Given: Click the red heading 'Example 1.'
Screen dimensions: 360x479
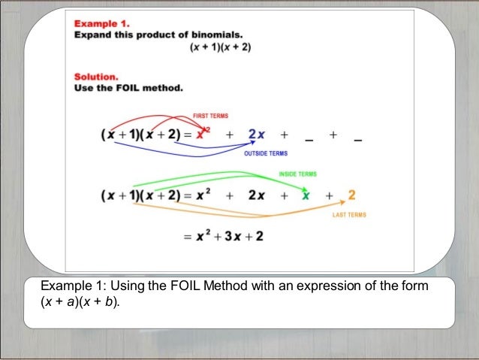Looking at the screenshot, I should (x=101, y=23).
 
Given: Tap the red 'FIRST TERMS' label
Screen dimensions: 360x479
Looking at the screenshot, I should (x=211, y=116).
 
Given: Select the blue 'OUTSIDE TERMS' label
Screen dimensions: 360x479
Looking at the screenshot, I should (x=266, y=153).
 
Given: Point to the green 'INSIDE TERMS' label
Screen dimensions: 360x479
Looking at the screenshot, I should (x=298, y=174).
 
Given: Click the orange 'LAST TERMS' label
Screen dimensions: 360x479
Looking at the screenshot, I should (x=349, y=215).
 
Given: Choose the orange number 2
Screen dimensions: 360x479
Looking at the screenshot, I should (x=351, y=195).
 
